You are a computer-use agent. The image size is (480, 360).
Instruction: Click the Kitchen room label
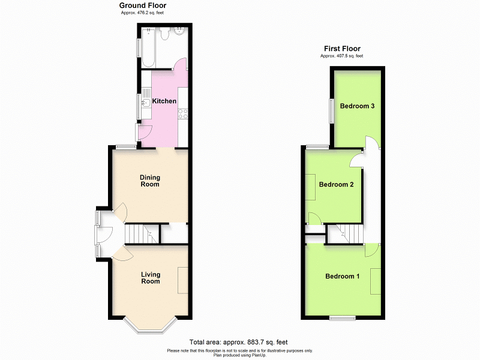coord(164,101)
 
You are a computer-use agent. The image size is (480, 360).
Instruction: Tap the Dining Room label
coord(150,181)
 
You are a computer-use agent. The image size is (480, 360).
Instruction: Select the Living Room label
coord(151,278)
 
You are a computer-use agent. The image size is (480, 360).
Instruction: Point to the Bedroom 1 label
coord(342,277)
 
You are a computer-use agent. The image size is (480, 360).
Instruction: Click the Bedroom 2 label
coord(336,185)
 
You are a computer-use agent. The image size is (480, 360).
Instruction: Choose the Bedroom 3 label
coord(357,106)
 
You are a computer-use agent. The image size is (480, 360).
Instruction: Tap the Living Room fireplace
coord(182,279)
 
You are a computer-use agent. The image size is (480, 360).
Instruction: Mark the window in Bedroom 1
coord(342,317)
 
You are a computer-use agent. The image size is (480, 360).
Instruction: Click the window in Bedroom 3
coord(331,110)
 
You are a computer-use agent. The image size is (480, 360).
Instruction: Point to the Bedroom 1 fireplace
coord(375,281)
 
